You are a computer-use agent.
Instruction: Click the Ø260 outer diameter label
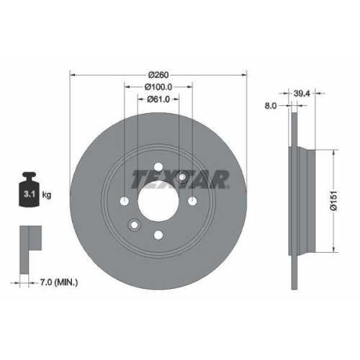coord(158,74)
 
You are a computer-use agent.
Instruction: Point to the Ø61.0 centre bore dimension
coord(158,100)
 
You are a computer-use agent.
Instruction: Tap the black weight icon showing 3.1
coord(29,189)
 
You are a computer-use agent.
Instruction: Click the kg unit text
coord(48,195)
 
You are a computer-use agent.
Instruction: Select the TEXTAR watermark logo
coord(179,178)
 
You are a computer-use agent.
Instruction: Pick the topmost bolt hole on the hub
coord(158,166)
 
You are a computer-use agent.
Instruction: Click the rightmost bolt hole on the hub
coord(193,201)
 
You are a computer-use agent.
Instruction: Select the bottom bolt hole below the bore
coord(158,233)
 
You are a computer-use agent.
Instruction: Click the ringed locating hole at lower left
coord(135,225)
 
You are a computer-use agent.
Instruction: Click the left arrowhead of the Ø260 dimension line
coord(73,74)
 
